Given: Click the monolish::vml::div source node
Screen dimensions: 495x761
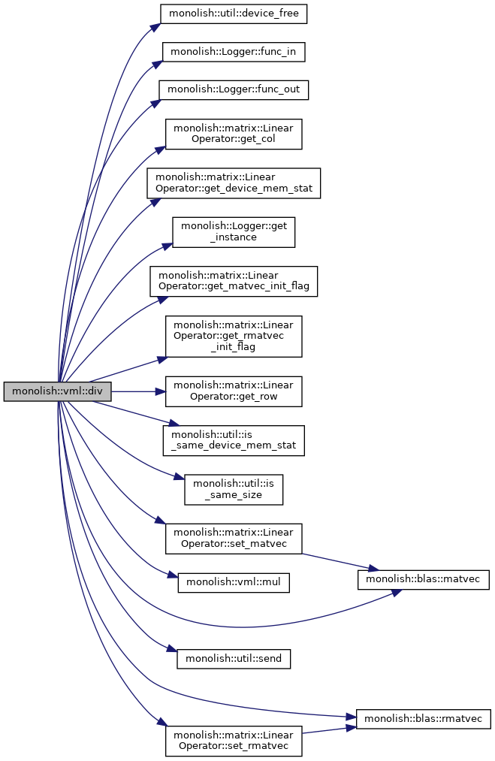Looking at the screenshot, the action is click(x=57, y=391).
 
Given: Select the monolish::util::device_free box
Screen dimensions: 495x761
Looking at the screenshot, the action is click(x=234, y=13).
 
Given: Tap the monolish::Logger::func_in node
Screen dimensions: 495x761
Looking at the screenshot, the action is click(x=234, y=51).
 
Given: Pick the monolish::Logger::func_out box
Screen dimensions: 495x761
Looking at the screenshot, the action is click(x=234, y=90).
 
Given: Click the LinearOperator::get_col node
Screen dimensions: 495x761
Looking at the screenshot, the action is click(x=234, y=134).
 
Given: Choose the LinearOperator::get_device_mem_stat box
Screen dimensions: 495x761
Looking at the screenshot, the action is click(x=234, y=183).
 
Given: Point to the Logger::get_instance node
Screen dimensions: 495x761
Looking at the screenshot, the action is click(x=234, y=232).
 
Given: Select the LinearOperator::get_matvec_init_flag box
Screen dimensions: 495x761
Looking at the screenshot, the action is click(x=234, y=281).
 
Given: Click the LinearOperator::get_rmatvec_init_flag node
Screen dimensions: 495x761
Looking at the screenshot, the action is click(x=234, y=337).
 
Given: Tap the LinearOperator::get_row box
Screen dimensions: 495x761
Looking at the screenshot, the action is click(x=234, y=391).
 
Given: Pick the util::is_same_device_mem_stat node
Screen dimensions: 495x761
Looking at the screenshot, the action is click(x=234, y=440).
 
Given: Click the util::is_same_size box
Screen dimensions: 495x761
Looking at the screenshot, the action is click(x=234, y=490).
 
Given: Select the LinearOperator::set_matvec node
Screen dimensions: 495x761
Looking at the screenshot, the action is click(x=234, y=539).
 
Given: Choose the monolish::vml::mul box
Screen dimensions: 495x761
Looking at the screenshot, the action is click(x=234, y=582).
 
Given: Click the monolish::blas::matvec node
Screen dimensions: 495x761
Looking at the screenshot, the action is click(x=423, y=579).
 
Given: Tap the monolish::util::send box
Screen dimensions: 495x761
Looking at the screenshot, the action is click(x=234, y=659).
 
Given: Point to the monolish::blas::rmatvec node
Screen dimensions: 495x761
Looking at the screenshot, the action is click(x=423, y=719).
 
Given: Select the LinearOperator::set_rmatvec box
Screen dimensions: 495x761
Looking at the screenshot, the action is click(x=234, y=741).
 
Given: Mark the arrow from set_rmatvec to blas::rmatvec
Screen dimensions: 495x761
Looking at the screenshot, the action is click(x=329, y=730).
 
